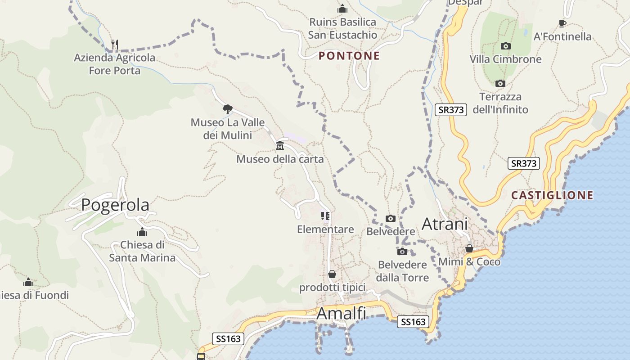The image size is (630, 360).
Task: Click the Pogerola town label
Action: (x=115, y=205)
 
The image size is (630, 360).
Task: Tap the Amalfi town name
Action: (x=341, y=313)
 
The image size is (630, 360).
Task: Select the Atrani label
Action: (x=445, y=224)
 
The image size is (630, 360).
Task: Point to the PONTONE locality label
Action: (x=349, y=56)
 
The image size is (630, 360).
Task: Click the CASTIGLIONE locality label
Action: (x=552, y=195)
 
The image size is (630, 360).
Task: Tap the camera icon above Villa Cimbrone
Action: (x=506, y=46)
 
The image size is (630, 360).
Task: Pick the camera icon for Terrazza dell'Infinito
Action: (x=500, y=83)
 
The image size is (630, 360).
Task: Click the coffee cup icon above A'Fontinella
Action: (x=562, y=23)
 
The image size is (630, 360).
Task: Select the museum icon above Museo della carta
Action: (x=280, y=145)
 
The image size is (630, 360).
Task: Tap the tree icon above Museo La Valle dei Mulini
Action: (x=227, y=108)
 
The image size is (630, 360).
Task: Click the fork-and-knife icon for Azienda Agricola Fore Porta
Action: (x=115, y=44)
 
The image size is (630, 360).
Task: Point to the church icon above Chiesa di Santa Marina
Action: (x=142, y=232)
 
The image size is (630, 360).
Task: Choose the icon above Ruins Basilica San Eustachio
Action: (x=342, y=9)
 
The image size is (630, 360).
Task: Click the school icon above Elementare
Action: (x=325, y=216)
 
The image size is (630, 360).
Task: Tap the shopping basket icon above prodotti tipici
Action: (x=332, y=274)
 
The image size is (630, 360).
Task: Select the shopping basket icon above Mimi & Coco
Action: (x=469, y=248)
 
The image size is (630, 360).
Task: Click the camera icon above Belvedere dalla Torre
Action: (x=402, y=252)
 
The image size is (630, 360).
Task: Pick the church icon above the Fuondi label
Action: (x=28, y=283)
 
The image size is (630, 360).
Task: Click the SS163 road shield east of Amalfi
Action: (x=413, y=322)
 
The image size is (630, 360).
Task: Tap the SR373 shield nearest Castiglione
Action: (x=524, y=163)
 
